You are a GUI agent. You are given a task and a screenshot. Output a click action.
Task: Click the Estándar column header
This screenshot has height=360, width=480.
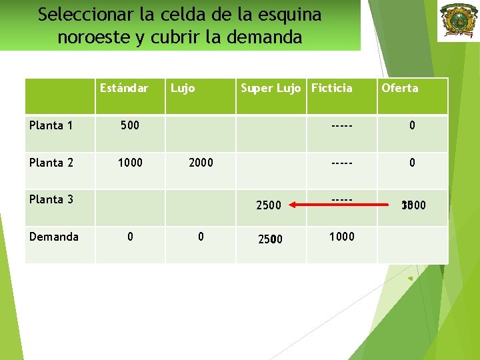[123, 88]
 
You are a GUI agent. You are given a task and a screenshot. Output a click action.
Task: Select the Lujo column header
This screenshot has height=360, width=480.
[183, 88]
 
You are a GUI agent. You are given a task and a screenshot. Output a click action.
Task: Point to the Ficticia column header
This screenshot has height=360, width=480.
[331, 88]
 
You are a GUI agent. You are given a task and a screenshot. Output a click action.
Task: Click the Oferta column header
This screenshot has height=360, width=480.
[399, 88]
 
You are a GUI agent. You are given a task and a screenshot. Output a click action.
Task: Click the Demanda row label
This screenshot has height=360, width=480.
[54, 237]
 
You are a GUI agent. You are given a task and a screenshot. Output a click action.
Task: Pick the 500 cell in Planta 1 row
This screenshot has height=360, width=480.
[129, 125]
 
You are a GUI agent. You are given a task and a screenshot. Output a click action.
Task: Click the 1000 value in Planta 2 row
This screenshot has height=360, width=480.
[129, 163]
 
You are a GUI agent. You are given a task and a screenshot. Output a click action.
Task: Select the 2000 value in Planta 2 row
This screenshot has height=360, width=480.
[201, 163]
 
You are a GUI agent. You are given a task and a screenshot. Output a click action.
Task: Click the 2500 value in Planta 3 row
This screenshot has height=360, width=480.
[269, 205]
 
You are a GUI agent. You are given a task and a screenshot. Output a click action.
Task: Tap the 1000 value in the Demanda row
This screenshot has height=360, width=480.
[342, 237]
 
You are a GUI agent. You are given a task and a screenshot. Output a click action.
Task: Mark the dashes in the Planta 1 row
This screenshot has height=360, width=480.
[342, 125]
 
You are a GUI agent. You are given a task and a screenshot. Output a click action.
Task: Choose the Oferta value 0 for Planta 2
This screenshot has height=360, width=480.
[413, 163]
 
